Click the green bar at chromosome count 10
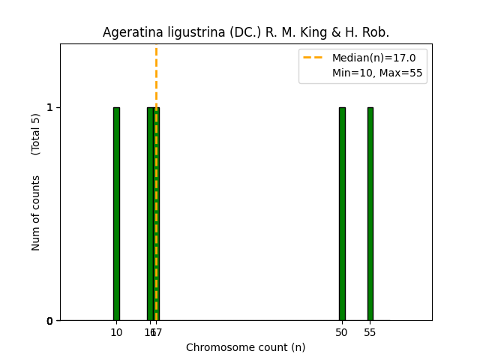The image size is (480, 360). click(x=116, y=214)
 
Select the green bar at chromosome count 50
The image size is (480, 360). click(x=342, y=214)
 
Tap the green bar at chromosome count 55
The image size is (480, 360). click(x=370, y=214)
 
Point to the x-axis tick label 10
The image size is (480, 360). click(x=116, y=332)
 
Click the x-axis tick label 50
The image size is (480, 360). click(x=342, y=332)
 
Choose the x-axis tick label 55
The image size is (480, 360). click(x=370, y=332)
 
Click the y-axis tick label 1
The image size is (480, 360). click(x=49, y=107)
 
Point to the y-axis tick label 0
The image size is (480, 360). click(x=49, y=321)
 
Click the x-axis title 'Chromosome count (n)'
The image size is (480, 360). click(x=245, y=347)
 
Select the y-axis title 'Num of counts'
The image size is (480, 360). click(x=36, y=213)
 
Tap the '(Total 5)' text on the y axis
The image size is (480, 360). click(x=36, y=134)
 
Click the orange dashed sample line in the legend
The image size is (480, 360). click(x=313, y=58)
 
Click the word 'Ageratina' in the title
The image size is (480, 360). click(x=128, y=33)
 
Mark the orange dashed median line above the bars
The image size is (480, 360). click(x=156, y=75)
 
